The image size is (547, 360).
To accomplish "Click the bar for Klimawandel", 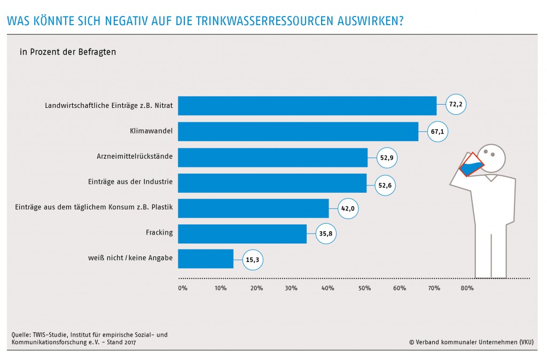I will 298,131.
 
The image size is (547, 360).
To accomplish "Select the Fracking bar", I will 242,234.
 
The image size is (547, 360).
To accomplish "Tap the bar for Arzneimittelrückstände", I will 272,157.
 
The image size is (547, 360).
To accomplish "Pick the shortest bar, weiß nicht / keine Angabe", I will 206,259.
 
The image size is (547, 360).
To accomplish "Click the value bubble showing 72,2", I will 456,105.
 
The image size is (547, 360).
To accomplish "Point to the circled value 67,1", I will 437,131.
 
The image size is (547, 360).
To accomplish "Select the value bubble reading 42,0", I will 348,208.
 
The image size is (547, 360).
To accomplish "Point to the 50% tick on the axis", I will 364,288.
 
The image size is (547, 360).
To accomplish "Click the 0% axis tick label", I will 183,288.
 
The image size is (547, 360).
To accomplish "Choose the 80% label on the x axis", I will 467,288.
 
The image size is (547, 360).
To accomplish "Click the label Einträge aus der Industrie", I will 130,182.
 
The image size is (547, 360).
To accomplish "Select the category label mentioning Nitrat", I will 109,106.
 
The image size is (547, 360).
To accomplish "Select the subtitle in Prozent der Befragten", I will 68,52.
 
